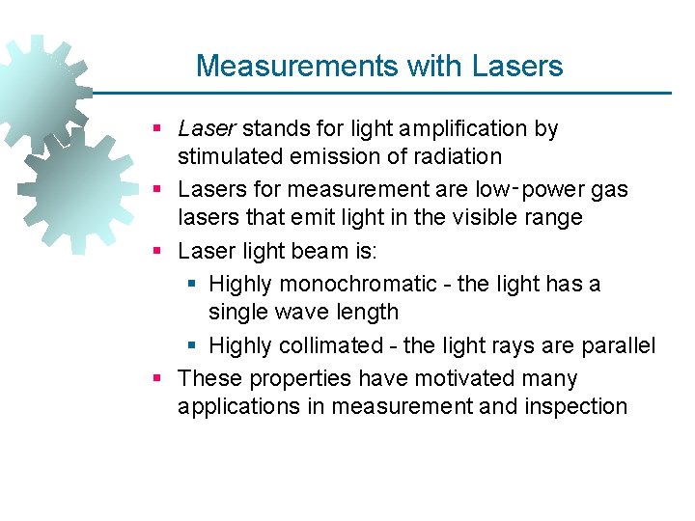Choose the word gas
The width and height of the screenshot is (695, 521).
coord(610,189)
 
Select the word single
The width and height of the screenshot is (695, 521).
coord(237,312)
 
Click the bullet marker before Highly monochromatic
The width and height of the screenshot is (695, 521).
coord(191,285)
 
